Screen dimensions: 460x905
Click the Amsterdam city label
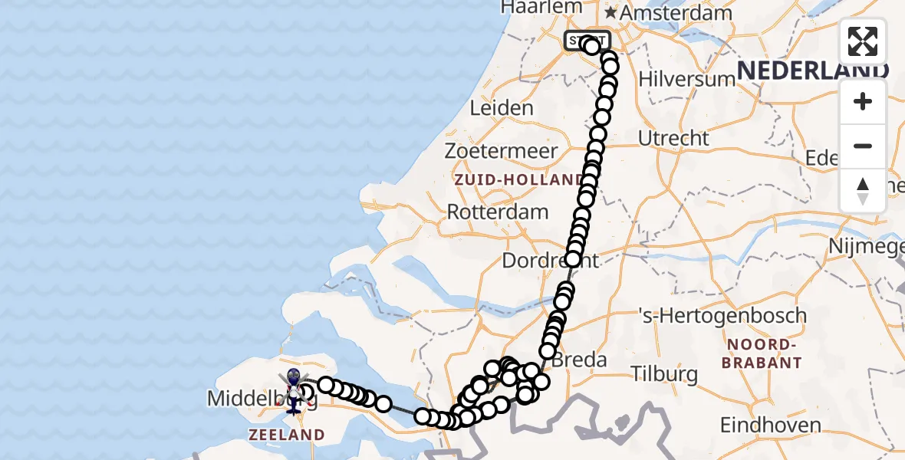point(675,13)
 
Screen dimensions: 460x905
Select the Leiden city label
point(501,107)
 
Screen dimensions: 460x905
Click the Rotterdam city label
point(498,212)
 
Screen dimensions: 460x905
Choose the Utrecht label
point(673,138)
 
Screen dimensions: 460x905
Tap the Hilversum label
point(676,79)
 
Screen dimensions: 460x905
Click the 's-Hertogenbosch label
point(722,315)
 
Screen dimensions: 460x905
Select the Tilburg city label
point(664,374)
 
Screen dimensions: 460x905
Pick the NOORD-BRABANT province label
point(764,353)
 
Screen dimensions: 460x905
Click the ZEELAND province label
point(286,435)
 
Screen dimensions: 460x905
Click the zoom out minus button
point(863,146)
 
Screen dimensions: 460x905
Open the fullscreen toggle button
point(863,41)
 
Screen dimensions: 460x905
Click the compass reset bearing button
point(863,190)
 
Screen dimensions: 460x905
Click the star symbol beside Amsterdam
point(610,13)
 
